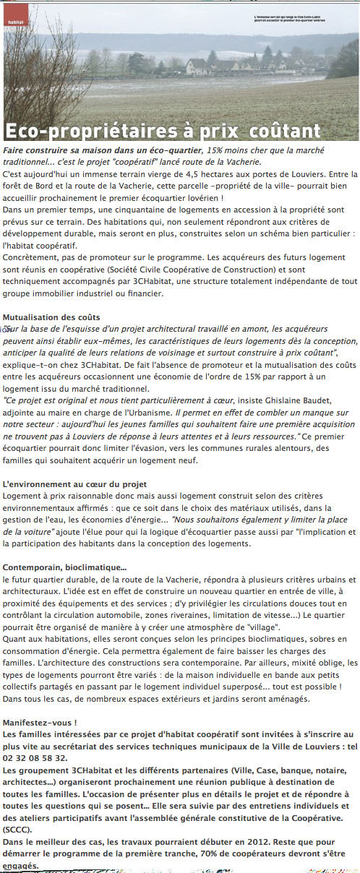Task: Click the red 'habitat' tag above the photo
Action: click(14, 22)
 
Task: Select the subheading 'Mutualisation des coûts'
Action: click(51, 317)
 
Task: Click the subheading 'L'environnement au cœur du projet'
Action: click(75, 483)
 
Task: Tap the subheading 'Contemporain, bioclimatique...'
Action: click(65, 567)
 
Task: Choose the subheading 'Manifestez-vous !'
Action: click(40, 723)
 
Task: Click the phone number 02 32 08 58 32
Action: click(35, 758)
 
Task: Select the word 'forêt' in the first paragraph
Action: click(14, 186)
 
